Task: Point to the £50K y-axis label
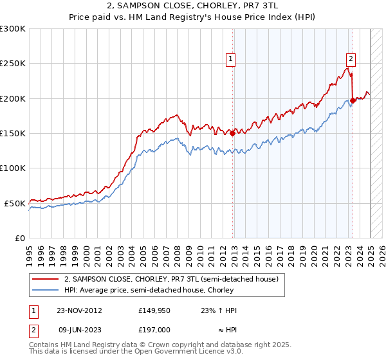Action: click(x=15, y=203)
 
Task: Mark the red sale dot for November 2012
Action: click(x=233, y=134)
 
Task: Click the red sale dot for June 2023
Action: click(x=353, y=100)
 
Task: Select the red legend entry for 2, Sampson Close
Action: click(x=170, y=280)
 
